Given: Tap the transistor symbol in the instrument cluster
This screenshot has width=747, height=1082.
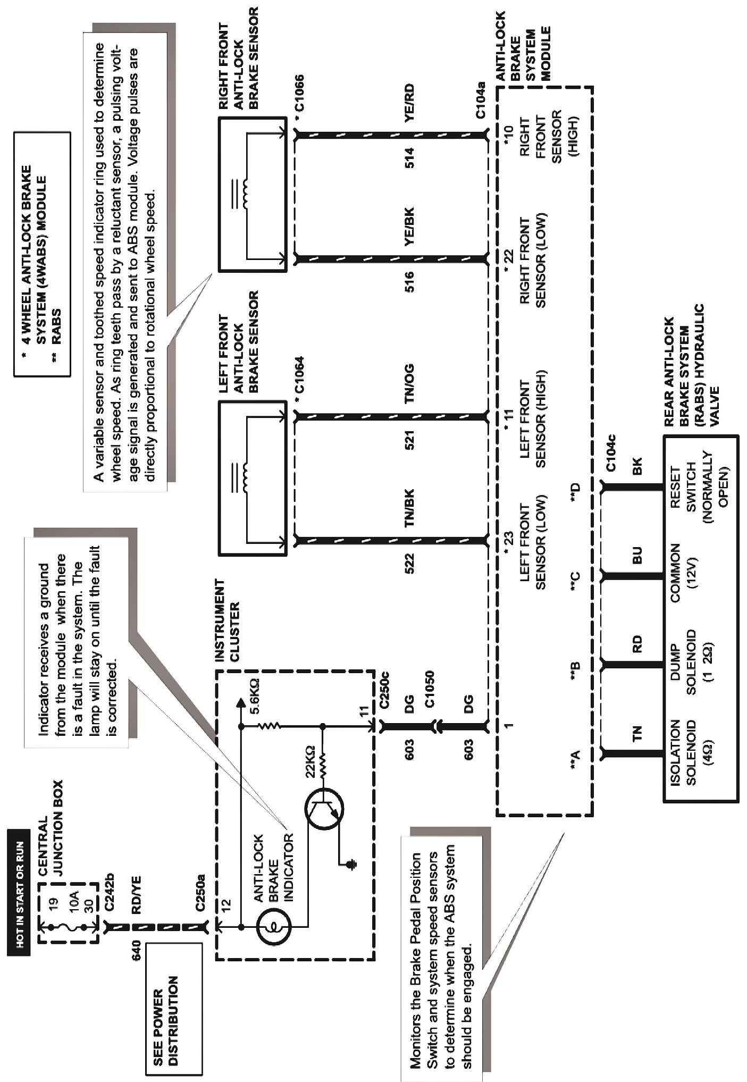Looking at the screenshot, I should click(x=324, y=809).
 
